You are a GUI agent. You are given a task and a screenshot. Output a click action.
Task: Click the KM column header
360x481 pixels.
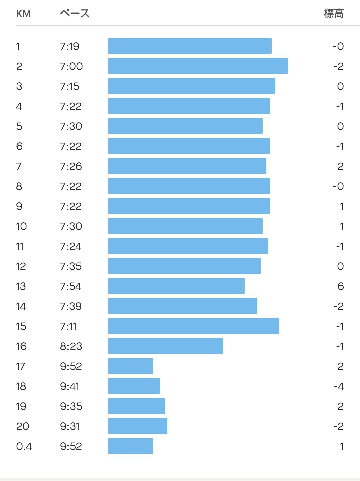coord(23,14)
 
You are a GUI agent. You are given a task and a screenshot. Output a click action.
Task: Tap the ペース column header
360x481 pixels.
coord(75,13)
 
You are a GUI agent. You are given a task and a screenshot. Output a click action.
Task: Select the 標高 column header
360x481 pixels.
coord(334,14)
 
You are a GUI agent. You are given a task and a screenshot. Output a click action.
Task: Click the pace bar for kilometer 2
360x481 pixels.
coord(198,66)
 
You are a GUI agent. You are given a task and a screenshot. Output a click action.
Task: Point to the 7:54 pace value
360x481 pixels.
coord(71,286)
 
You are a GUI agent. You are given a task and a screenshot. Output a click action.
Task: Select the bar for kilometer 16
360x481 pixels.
coord(165,346)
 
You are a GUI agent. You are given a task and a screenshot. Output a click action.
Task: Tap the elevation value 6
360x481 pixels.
coord(340,286)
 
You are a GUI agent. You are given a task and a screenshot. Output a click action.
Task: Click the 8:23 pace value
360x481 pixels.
coord(71,346)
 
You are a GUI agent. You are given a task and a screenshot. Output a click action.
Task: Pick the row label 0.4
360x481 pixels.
coord(24,446)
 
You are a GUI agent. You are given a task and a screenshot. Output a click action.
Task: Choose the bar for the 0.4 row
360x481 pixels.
coord(130,446)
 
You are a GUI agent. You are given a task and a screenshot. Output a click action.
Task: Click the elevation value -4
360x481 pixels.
coord(339,386)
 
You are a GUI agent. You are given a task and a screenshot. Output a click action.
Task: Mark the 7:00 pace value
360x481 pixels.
coord(71,66)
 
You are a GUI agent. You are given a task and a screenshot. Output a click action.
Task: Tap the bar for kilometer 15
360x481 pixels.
coord(193,326)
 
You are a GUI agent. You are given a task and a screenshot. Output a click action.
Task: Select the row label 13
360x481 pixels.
coord(21,286)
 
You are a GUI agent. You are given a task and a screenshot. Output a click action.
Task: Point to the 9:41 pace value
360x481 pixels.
coord(70,386)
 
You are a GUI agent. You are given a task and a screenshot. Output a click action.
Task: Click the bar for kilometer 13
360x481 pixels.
coord(176,286)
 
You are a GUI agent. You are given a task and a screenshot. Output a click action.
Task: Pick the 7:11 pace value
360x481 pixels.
coord(68,326)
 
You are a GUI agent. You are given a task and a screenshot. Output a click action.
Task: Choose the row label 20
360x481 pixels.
coord(23,426)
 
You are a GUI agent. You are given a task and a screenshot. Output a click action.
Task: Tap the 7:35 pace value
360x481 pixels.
coord(71,266)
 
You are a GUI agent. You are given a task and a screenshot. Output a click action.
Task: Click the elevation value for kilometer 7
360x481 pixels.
coord(340,166)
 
